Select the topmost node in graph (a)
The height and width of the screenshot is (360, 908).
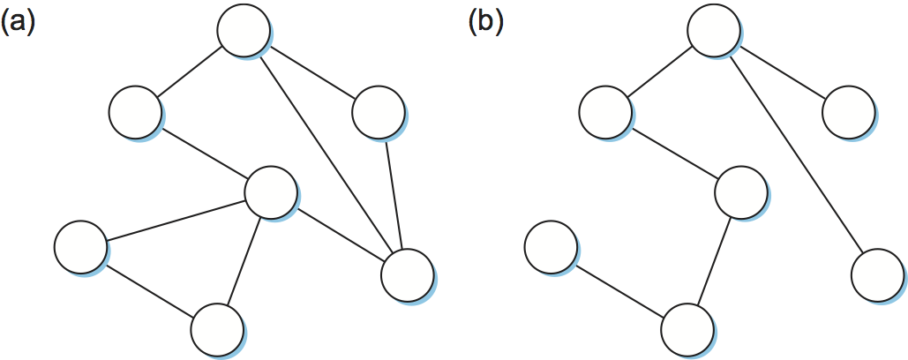click(244, 31)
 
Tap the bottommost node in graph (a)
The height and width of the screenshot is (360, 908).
click(217, 328)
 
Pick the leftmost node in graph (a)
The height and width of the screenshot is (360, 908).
click(80, 246)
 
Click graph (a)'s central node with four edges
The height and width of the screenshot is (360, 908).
click(270, 193)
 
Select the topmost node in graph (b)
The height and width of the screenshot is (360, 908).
click(714, 31)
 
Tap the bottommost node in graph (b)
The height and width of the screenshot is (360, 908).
click(687, 328)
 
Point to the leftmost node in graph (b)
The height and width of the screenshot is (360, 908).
click(551, 246)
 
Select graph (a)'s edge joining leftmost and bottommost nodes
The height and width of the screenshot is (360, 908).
click(149, 288)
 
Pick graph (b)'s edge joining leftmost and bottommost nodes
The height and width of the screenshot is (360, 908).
click(619, 288)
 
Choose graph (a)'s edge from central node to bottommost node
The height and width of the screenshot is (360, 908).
click(244, 261)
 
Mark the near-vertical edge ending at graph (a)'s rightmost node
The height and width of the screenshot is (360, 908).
click(394, 194)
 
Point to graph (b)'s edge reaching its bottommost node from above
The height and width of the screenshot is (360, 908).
click(714, 261)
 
